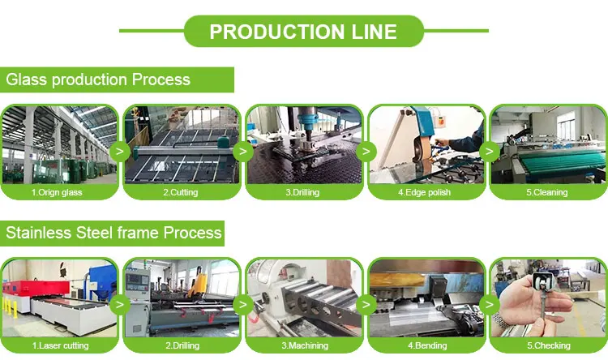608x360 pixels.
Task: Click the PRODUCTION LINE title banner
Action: pos(303,32)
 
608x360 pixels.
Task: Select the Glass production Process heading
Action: pos(98,79)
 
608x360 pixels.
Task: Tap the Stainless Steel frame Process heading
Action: pos(113,233)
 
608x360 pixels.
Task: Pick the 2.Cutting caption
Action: pos(181,193)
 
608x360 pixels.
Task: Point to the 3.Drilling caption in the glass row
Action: pos(303,193)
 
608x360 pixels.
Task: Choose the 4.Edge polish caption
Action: pos(426,193)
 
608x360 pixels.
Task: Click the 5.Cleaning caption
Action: pos(547,193)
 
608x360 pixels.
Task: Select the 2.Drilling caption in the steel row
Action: pos(181,345)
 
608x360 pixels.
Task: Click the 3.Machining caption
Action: pos(303,345)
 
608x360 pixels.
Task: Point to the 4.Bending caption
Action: pos(426,345)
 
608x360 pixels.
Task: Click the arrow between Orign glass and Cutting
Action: pos(120,151)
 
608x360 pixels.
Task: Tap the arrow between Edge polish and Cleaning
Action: pos(489,151)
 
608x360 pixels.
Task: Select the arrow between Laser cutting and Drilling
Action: pos(120,304)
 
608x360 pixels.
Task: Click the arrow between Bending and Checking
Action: pos(489,304)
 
